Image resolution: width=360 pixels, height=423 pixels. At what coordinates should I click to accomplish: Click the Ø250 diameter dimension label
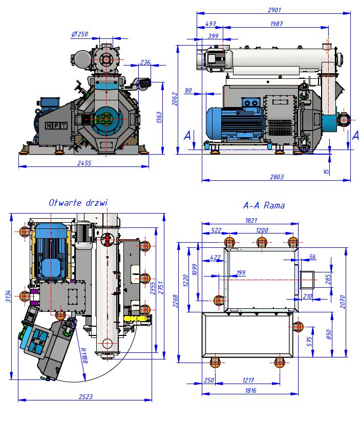(80, 34)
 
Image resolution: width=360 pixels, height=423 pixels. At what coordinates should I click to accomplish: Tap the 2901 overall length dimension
(274, 10)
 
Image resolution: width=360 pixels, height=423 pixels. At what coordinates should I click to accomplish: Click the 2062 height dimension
(175, 99)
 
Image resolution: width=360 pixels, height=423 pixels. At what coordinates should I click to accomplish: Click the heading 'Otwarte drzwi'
(78, 203)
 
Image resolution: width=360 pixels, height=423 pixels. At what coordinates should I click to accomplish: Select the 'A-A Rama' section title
(264, 206)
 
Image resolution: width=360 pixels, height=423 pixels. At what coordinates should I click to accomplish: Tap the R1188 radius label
(84, 354)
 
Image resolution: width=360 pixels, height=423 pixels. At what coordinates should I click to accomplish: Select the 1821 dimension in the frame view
(251, 220)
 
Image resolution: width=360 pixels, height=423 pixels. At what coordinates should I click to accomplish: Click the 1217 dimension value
(248, 380)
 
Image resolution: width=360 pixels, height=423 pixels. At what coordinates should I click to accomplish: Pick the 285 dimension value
(329, 279)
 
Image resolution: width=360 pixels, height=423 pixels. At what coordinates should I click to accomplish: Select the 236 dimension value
(145, 62)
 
